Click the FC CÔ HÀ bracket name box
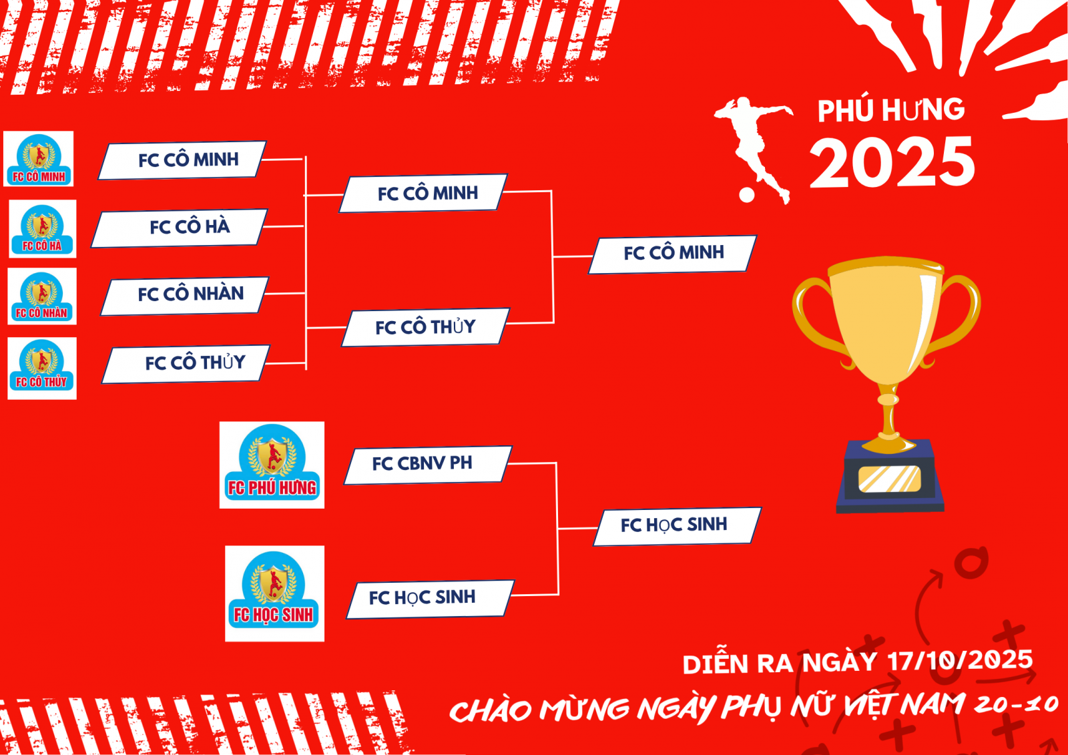tap(180, 228)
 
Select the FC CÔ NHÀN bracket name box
tap(184, 296)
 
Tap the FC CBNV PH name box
tap(428, 465)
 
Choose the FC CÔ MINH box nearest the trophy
tap(673, 254)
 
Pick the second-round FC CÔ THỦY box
tap(426, 327)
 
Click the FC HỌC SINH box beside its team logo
tap(431, 599)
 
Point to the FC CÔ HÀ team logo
tap(43, 229)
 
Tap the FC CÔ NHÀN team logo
tap(42, 296)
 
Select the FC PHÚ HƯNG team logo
tap(272, 465)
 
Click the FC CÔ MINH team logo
tap(38, 159)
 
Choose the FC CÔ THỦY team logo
tap(42, 368)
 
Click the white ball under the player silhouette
tap(747, 195)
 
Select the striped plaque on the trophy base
tap(890, 479)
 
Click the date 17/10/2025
tap(961, 660)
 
